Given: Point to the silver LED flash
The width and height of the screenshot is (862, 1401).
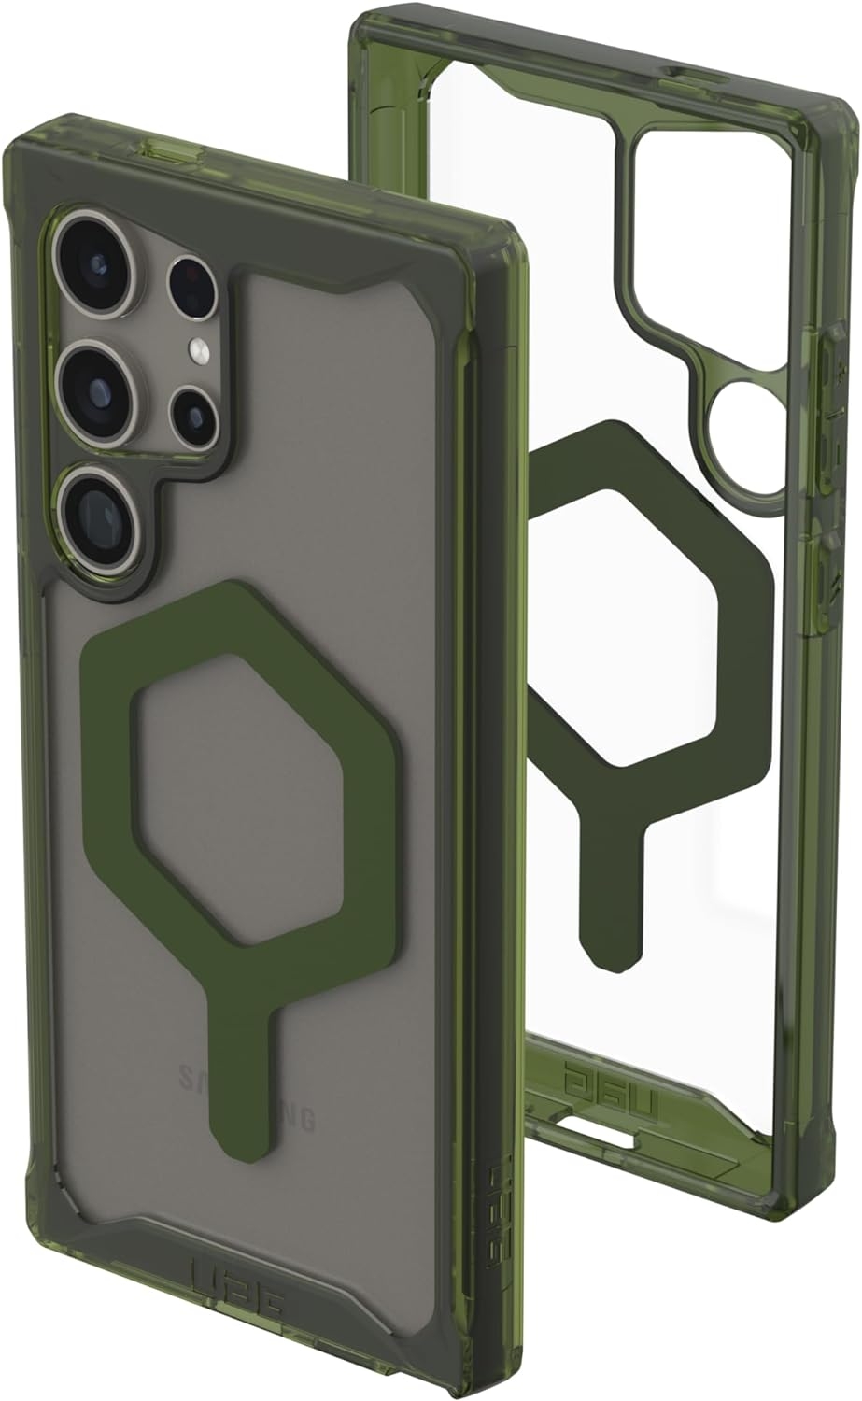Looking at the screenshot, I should click(x=198, y=350).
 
